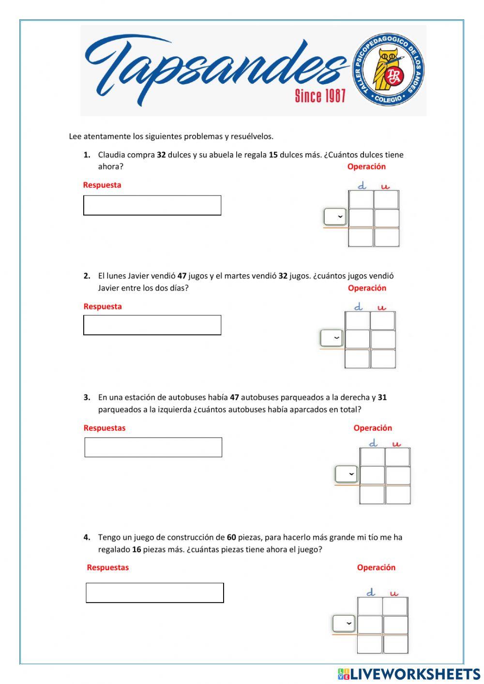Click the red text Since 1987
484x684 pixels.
pyautogui.click(x=320, y=96)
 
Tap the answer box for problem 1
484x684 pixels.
pyautogui.click(x=152, y=205)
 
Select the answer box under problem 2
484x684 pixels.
pyautogui.click(x=152, y=325)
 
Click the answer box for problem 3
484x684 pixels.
pyautogui.click(x=153, y=447)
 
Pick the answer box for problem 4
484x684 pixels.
pyautogui.click(x=154, y=593)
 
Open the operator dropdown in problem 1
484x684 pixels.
pyautogui.click(x=335, y=216)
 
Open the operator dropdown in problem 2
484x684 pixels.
pyautogui.click(x=332, y=337)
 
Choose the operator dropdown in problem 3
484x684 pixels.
pyautogui.click(x=346, y=474)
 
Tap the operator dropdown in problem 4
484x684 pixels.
pyautogui.click(x=344, y=623)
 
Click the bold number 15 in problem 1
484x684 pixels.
pyautogui.click(x=273, y=155)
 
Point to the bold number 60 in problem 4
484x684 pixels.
pyautogui.click(x=231, y=537)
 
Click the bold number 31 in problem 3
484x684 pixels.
pyautogui.click(x=382, y=397)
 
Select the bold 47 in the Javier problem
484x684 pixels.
pyautogui.click(x=182, y=276)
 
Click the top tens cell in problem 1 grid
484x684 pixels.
pyautogui.click(x=361, y=199)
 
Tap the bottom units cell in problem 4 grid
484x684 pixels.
pyautogui.click(x=395, y=644)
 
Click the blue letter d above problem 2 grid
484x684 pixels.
pyautogui.click(x=358, y=307)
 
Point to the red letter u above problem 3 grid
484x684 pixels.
pyautogui.click(x=396, y=443)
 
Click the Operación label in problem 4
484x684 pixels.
pyautogui.click(x=376, y=567)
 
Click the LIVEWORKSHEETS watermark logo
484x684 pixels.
pyautogui.click(x=409, y=674)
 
